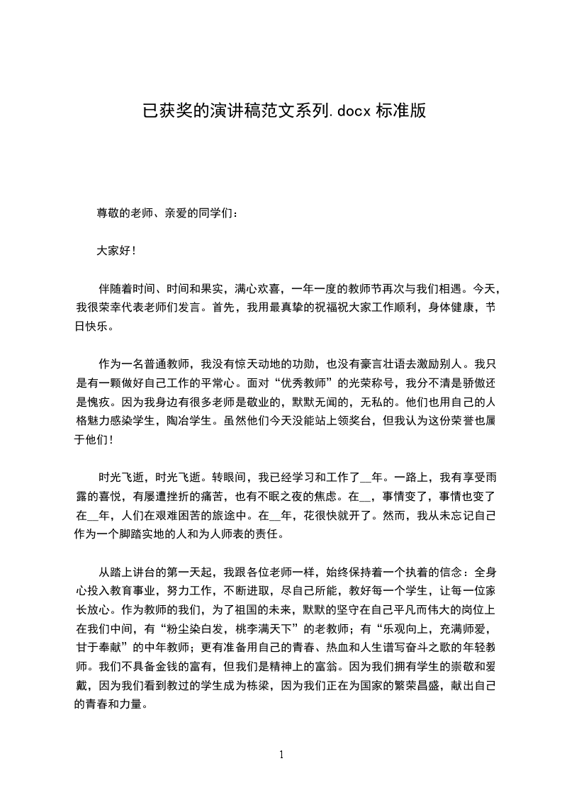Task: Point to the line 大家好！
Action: tap(116, 251)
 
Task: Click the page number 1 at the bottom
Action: tap(281, 755)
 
